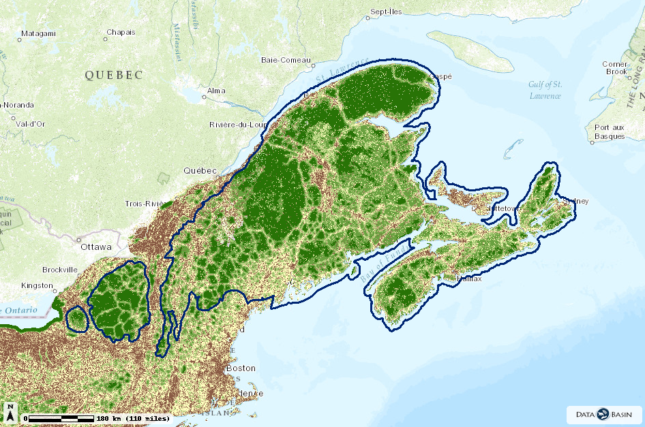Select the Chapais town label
(x=121, y=32)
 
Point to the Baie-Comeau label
(x=286, y=60)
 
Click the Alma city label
(x=216, y=91)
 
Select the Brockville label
(x=59, y=270)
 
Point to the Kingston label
(x=37, y=285)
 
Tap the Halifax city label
(x=470, y=279)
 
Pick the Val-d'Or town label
(x=31, y=124)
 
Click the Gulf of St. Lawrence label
(x=545, y=90)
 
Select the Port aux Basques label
(x=610, y=131)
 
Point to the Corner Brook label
(x=615, y=67)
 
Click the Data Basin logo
(x=603, y=414)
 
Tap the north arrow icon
(x=11, y=413)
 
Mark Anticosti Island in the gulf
(x=470, y=51)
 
